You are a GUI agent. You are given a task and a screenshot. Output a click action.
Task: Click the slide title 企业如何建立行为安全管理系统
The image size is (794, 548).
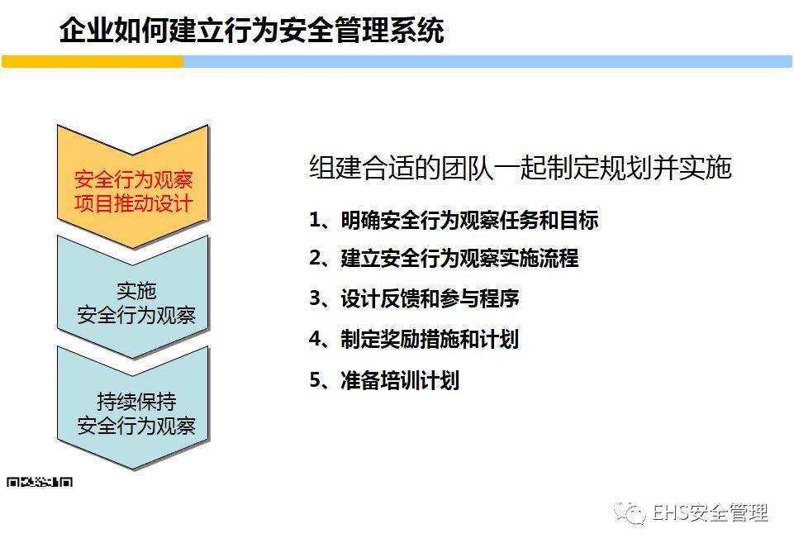tap(251, 31)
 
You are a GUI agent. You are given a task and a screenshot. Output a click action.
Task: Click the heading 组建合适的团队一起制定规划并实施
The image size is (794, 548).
tap(521, 168)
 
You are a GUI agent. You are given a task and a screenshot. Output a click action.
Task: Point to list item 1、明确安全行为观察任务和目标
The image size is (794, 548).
tap(454, 220)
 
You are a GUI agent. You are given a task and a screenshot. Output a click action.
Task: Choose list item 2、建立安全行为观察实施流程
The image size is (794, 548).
tap(444, 258)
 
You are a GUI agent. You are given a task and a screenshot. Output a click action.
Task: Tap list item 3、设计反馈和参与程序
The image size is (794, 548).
tap(414, 298)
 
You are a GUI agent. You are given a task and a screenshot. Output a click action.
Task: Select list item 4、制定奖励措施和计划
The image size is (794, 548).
tap(414, 339)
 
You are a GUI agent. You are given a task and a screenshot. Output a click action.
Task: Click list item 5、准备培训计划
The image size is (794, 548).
tap(384, 380)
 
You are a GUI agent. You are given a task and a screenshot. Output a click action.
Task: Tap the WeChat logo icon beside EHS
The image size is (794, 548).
tap(634, 513)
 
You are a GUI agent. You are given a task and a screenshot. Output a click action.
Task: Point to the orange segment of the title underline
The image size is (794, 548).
tap(93, 62)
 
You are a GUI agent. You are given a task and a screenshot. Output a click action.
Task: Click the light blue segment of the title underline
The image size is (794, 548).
tap(487, 62)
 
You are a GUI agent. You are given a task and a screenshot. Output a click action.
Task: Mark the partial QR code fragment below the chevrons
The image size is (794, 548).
tap(40, 481)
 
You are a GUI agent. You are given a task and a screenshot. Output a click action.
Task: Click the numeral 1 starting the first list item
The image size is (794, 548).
tap(315, 220)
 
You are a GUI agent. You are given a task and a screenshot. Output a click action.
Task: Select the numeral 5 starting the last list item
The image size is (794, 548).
tap(315, 380)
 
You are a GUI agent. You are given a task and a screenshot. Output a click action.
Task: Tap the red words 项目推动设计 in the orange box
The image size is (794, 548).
tap(133, 203)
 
